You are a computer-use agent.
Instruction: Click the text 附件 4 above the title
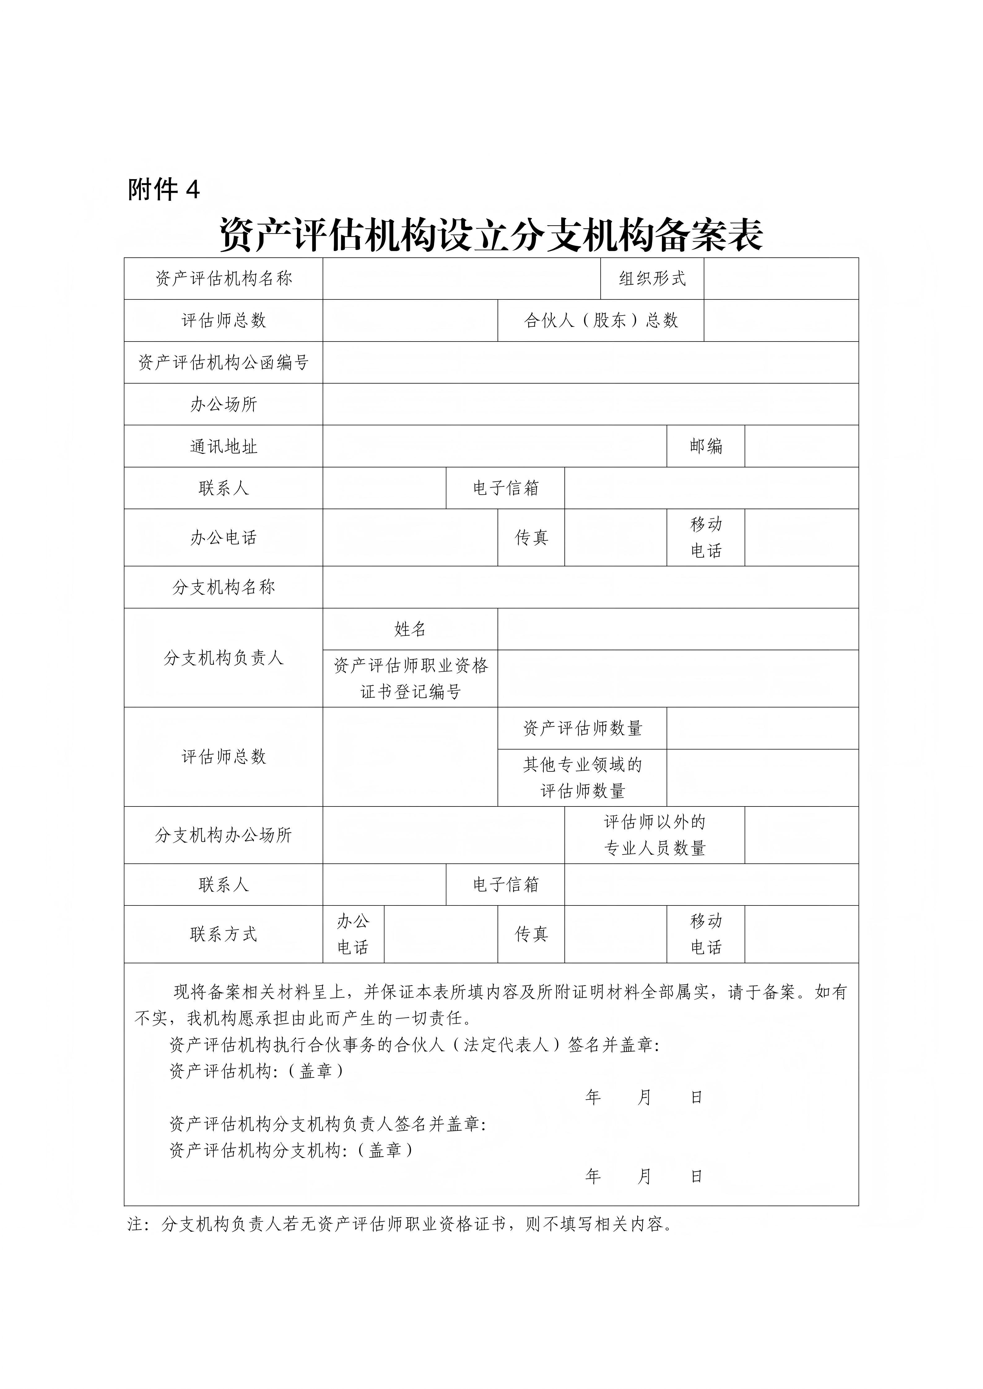[163, 190]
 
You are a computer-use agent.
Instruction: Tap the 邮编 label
[706, 446]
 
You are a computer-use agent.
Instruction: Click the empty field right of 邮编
[801, 446]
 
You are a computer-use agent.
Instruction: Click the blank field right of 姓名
[678, 629]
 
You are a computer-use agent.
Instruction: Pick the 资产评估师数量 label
[582, 729]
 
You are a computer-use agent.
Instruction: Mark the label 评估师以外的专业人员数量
[654, 836]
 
